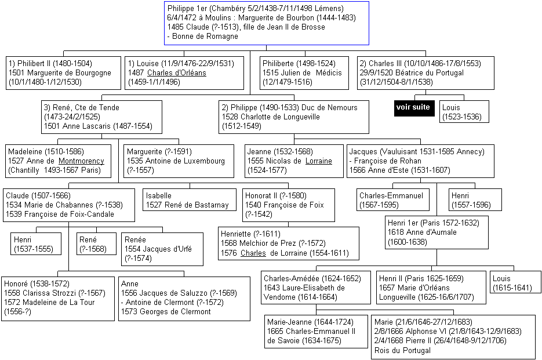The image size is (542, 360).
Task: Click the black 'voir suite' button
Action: pyautogui.click(x=414, y=108)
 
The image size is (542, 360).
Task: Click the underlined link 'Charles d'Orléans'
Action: pyautogui.click(x=177, y=73)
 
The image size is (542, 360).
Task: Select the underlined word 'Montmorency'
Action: pyautogui.click(x=81, y=161)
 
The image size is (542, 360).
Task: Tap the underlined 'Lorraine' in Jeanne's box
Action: pyautogui.click(x=318, y=161)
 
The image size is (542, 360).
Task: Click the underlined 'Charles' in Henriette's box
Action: pyautogui.click(x=253, y=253)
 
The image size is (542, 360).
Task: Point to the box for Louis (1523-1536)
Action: pyautogui.click(x=464, y=111)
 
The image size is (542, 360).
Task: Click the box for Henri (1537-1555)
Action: pyautogui.click(x=36, y=244)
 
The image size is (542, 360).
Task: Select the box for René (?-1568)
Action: pyautogui.click(x=96, y=244)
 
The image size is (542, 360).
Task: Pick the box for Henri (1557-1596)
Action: pyautogui.click(x=475, y=199)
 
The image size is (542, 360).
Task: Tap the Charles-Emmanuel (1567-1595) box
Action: pyautogui.click(x=393, y=199)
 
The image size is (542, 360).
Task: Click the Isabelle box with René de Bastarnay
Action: pyautogui.click(x=190, y=199)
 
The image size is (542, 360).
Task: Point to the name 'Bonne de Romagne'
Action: pyautogui.click(x=205, y=37)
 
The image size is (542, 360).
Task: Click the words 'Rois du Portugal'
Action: pyautogui.click(x=402, y=350)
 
